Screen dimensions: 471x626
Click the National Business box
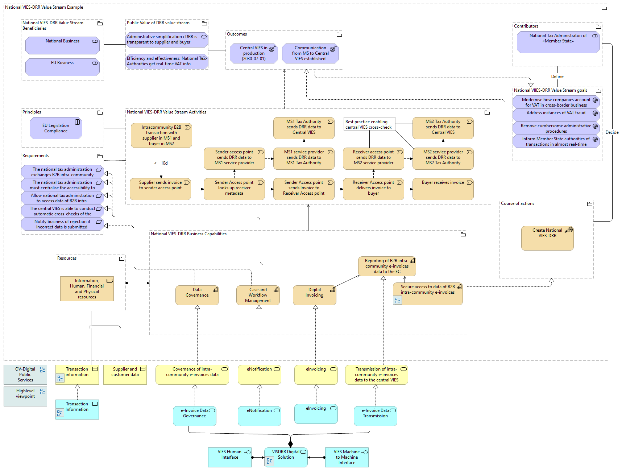click(x=62, y=45)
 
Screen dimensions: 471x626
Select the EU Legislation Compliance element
click(x=56, y=128)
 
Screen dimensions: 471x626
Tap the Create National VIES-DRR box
click(x=547, y=238)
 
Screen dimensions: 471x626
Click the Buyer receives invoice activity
click(x=443, y=189)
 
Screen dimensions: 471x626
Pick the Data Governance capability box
click(x=197, y=295)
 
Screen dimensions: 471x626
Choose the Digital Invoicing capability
click(x=314, y=295)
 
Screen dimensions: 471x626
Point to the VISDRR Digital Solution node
click(x=286, y=457)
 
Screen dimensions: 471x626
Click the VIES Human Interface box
click(x=230, y=457)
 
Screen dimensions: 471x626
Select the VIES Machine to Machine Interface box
click(x=347, y=457)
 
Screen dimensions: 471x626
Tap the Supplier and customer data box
click(x=125, y=374)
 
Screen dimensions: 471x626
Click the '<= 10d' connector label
click(x=161, y=163)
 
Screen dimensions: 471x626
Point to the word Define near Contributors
click(x=557, y=77)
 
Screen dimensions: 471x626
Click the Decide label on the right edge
click(x=612, y=132)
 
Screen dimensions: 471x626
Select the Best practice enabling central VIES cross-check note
click(x=369, y=124)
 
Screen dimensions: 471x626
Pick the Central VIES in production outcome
click(x=254, y=53)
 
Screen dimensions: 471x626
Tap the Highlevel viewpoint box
click(x=25, y=396)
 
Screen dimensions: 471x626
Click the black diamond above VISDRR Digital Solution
click(x=290, y=443)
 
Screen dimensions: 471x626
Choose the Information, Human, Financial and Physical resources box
click(x=87, y=289)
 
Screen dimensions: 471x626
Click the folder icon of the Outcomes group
click(x=339, y=35)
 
